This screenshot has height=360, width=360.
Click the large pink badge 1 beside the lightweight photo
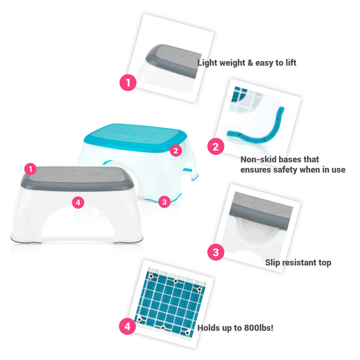(x=128, y=83)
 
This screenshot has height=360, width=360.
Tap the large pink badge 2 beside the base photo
(x=215, y=147)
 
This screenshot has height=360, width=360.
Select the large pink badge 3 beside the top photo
(x=215, y=253)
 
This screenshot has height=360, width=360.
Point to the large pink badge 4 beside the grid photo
(x=127, y=326)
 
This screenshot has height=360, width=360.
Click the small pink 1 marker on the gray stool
(x=31, y=168)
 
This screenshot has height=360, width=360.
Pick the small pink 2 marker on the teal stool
(x=176, y=150)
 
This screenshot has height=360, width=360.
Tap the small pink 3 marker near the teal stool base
(x=163, y=202)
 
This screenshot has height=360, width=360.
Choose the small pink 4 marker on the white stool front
(x=78, y=203)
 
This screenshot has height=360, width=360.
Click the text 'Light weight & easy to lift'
(x=246, y=63)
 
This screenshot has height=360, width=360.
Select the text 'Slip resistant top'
(x=297, y=263)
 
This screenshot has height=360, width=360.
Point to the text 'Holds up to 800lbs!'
(x=235, y=327)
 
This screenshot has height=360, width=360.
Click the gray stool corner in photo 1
(x=169, y=58)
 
